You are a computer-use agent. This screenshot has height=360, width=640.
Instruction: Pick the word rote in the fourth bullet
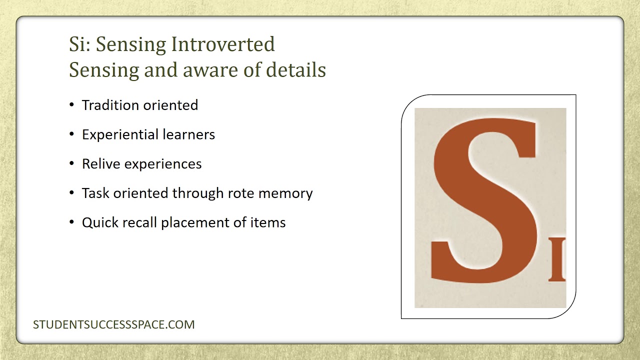click(242, 193)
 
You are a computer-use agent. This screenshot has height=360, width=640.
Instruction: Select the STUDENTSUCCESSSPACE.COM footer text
click(114, 324)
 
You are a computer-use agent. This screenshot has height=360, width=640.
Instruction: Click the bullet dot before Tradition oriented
click(72, 104)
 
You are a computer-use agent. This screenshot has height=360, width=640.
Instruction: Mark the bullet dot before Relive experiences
click(72, 163)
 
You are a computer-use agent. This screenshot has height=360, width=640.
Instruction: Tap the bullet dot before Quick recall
click(72, 222)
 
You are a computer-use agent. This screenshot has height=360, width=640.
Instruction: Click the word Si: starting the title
click(80, 44)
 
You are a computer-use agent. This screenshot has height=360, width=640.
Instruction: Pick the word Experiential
click(120, 135)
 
